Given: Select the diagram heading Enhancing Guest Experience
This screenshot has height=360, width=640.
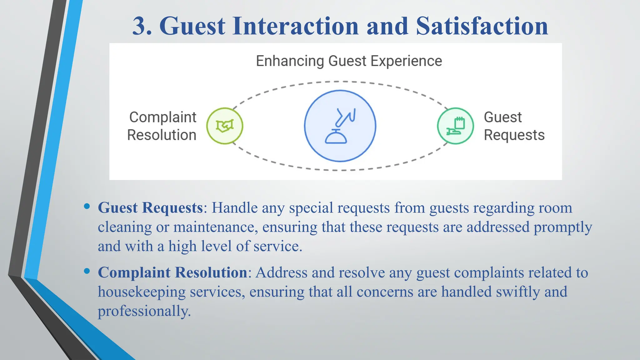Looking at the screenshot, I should coord(349,61).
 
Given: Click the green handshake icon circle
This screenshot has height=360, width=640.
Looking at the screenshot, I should coord(225,126).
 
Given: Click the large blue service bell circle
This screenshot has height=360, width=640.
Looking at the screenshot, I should coord(340,126).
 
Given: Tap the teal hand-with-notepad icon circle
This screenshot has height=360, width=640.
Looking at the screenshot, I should coord(455,126).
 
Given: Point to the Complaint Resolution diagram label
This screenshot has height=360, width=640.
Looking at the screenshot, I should coord(162,126).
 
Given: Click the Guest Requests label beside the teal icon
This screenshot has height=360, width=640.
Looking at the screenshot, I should coord(514,126).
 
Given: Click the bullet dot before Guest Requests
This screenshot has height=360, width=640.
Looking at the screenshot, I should coord(87,206).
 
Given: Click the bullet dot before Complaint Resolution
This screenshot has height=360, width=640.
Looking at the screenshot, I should coord(87,271).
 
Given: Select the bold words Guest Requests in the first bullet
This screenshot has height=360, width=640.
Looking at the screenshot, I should coord(150,208).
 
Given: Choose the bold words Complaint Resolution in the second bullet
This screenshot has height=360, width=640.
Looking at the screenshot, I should coord(172,272).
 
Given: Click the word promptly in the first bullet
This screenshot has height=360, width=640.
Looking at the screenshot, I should coord(562,227).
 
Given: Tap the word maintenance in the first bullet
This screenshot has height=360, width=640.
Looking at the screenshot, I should coord(215,227).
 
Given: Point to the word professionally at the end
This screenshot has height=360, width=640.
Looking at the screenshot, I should coord(144,311).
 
